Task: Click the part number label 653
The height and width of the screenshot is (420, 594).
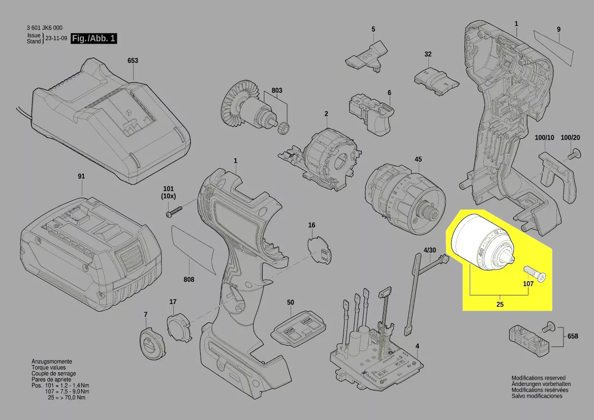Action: pos(133,61)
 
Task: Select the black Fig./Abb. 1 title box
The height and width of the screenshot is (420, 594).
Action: pos(94,38)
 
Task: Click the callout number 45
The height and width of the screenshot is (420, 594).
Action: pos(418,159)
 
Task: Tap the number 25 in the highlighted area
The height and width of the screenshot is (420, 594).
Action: pos(500,304)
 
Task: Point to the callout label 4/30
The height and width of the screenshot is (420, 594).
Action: pos(429,250)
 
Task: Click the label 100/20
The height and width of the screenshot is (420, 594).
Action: pos(570,138)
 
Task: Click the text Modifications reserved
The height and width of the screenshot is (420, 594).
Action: pos(538,378)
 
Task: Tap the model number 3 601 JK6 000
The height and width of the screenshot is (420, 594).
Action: pos(45,27)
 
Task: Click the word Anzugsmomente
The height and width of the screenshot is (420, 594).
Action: pos(51,362)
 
